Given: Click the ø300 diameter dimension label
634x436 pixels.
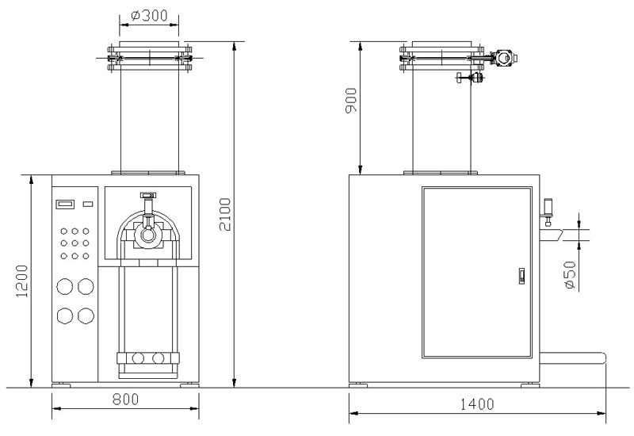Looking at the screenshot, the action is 149,15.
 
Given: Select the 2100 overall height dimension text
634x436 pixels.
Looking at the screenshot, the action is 225,214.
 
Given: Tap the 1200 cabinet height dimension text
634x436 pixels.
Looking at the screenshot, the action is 22,281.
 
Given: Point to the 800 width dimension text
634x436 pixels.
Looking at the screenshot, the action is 125,400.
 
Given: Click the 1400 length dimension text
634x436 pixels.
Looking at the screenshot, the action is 477,404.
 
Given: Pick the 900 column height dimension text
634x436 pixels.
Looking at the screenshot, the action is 351,101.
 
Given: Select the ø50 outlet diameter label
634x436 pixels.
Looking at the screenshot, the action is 569,275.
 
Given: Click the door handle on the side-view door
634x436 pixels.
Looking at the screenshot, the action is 521,276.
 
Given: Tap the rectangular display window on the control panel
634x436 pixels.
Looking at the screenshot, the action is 65,205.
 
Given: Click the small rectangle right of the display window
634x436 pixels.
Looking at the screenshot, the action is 88,204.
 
